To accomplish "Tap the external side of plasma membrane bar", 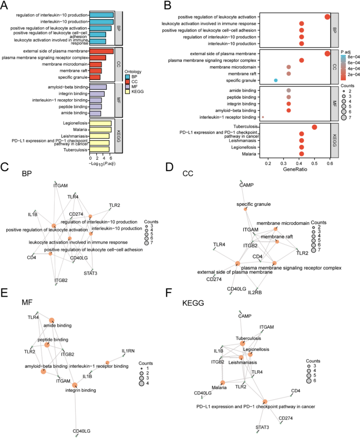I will click(101, 51).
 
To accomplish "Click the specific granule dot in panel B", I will click(276, 80).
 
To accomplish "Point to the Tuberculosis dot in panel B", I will click(314, 127).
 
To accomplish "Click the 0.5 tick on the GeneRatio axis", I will click(314, 163).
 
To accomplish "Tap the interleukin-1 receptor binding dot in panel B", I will click(263, 117).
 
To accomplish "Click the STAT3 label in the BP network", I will click(91, 273).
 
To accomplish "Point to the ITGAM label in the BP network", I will click(61, 185).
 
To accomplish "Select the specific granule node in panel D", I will click(245, 209).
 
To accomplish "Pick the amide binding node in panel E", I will click(52, 320).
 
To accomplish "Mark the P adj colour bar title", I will click(346, 52).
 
